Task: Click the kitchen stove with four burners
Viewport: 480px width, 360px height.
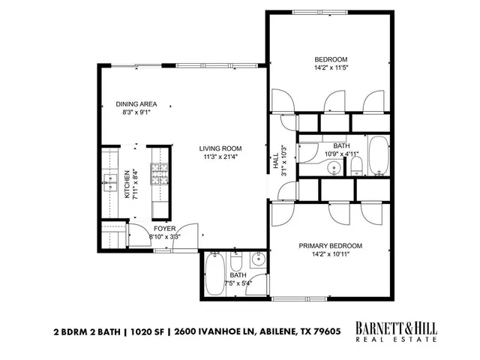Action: [x=160, y=174]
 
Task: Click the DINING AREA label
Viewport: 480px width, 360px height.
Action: [x=136, y=103]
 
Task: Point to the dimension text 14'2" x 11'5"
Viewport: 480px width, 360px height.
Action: [x=330, y=68]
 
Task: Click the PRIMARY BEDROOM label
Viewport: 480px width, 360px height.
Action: [x=330, y=246]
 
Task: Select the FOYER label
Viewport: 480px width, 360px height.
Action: [x=164, y=228]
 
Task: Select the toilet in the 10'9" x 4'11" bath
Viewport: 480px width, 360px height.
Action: [x=357, y=164]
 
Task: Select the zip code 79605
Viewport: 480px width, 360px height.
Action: [x=327, y=330]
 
